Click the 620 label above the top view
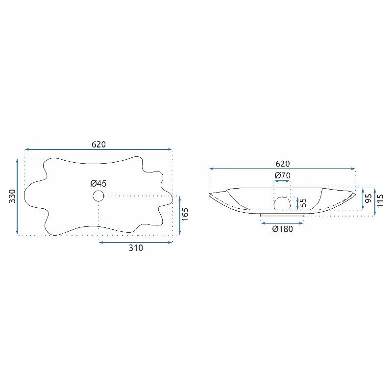(99, 145)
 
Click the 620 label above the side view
(283, 164)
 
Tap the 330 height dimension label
(12, 196)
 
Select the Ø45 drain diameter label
(98, 183)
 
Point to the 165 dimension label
(185, 214)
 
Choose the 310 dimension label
(136, 248)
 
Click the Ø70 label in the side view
(283, 175)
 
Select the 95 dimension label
(368, 199)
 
